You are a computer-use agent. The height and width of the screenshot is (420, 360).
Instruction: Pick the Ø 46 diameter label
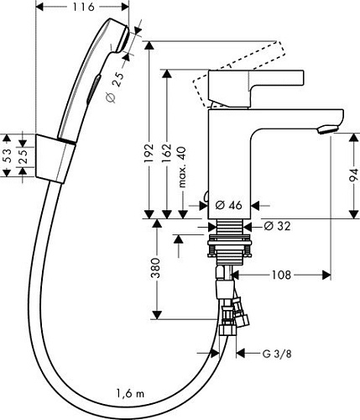point(229,204)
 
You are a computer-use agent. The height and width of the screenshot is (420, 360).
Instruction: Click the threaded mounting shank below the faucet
point(227,235)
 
